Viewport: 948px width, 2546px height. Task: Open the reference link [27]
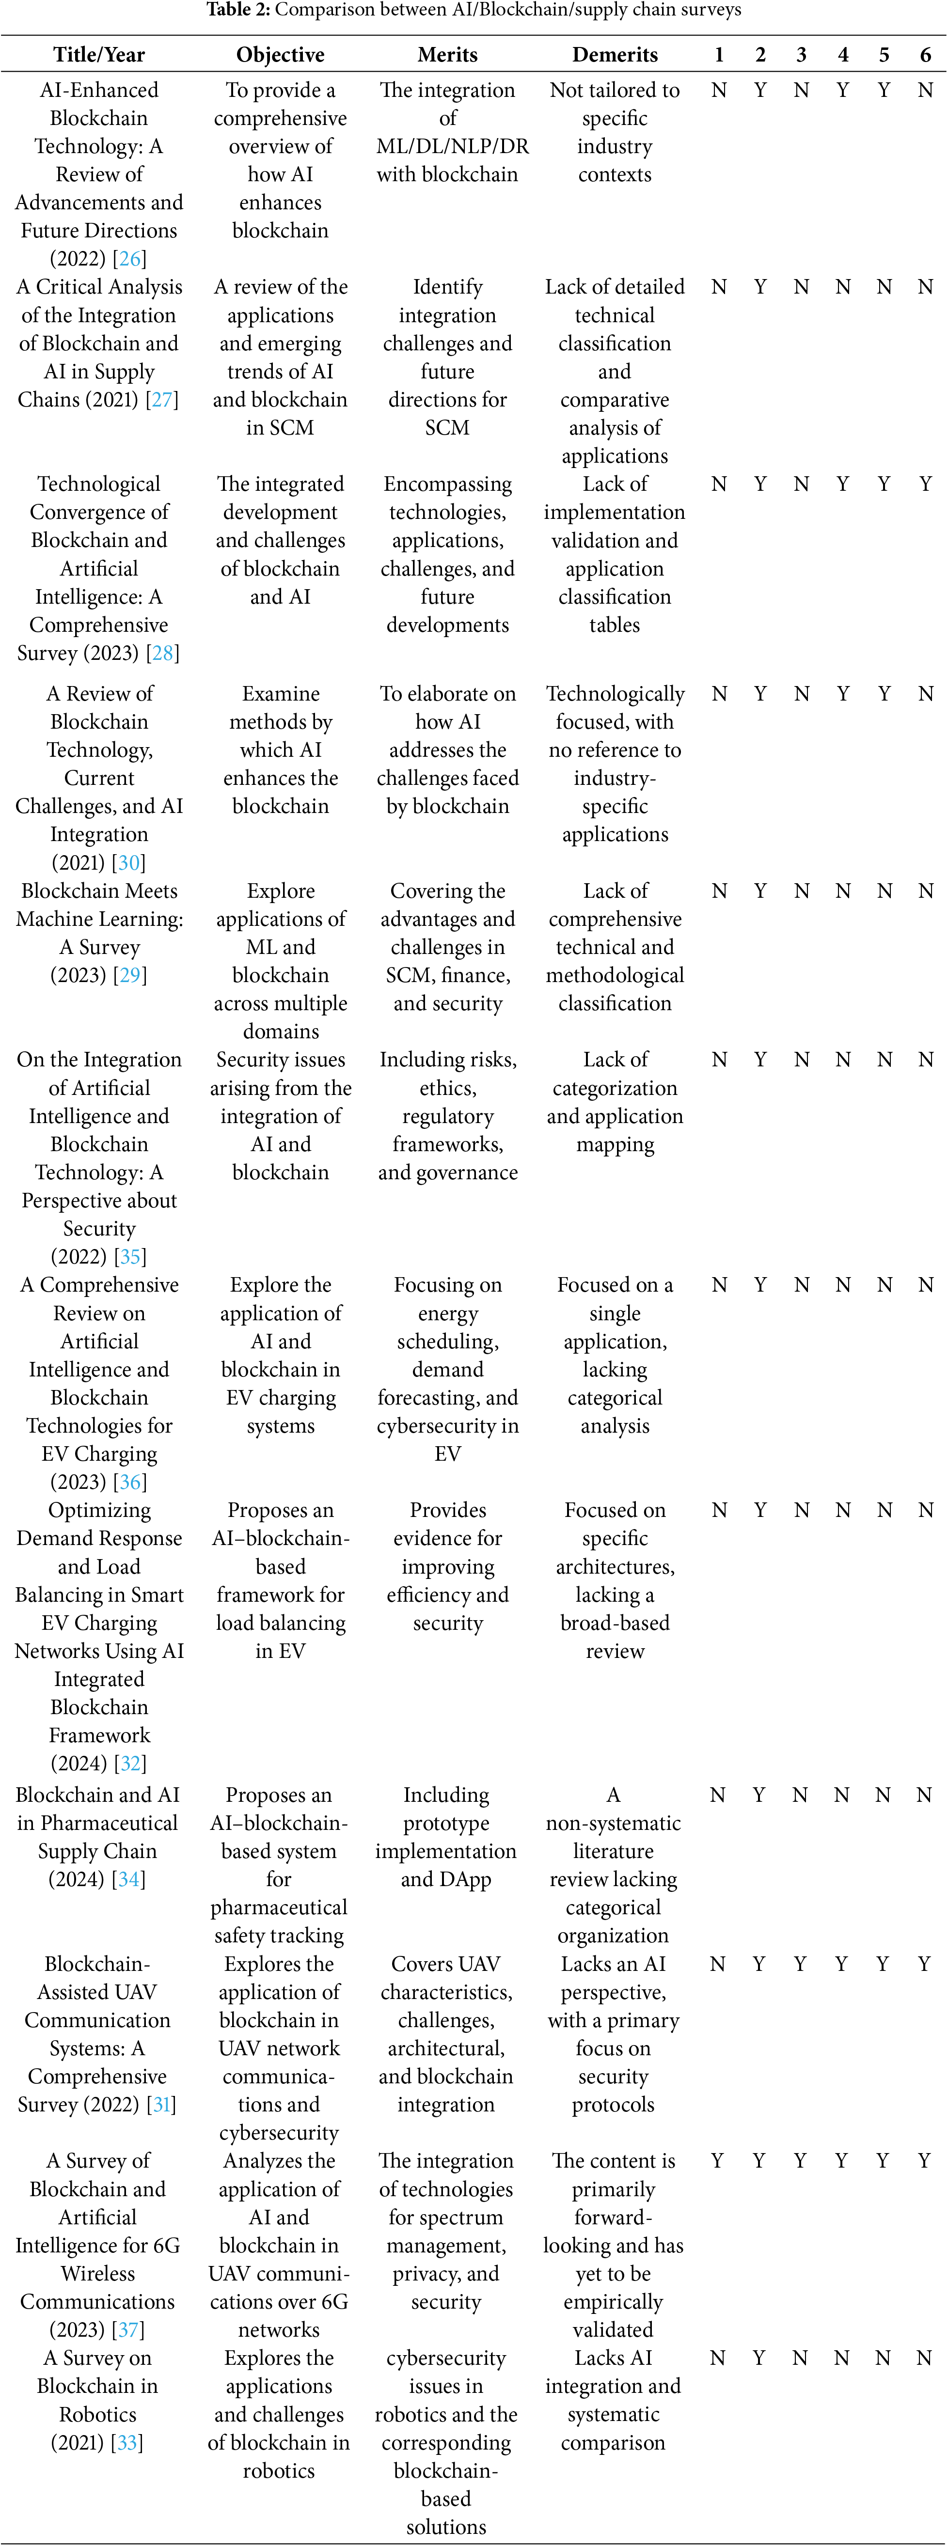(162, 400)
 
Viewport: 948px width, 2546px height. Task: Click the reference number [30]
(129, 863)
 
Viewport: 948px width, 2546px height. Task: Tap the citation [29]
(129, 975)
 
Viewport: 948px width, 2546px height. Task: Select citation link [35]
(129, 1257)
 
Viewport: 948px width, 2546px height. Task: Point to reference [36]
(129, 1483)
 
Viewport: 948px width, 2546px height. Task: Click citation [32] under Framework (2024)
(129, 1764)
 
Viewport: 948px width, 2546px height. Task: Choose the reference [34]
(128, 1880)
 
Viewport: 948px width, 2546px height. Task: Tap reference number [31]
(161, 2105)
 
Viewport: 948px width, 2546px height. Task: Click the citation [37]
(128, 2330)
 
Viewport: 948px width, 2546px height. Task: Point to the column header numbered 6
(925, 54)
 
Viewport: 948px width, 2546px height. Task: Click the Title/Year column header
(99, 54)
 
